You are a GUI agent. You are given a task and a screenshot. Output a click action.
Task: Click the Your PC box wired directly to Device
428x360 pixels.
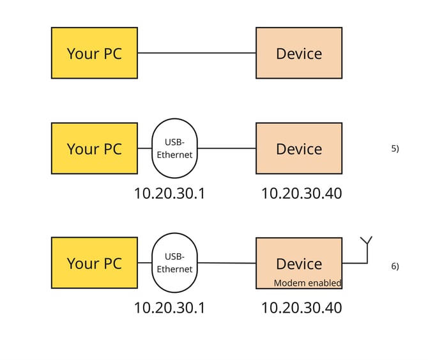[94, 53]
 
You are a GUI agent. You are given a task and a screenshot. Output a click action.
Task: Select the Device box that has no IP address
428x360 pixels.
[298, 53]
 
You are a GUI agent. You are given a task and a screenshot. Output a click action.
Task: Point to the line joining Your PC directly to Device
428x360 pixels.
[196, 53]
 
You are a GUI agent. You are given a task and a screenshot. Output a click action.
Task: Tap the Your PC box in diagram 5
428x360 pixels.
[94, 148]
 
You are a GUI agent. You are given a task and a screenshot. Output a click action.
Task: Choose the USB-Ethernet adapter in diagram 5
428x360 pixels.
[174, 148]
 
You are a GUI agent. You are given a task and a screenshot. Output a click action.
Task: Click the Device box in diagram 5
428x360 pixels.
[298, 148]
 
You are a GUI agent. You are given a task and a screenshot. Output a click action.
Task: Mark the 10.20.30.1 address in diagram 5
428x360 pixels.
[169, 193]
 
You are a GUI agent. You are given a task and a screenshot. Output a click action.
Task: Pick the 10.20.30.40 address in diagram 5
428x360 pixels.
[301, 193]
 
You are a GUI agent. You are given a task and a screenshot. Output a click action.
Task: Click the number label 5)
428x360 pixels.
[395, 148]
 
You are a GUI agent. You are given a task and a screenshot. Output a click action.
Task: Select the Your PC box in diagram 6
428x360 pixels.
[94, 263]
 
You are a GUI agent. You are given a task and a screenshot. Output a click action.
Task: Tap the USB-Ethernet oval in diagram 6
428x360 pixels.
[174, 263]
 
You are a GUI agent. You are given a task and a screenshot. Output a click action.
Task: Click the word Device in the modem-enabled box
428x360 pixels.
[298, 263]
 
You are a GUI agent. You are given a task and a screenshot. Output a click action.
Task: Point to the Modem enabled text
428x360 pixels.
[307, 283]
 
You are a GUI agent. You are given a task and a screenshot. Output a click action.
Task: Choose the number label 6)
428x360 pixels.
[395, 266]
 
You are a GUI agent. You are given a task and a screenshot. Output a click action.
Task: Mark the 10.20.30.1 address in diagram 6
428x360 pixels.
[169, 308]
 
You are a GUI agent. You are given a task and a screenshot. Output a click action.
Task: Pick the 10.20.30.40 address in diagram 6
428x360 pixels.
[301, 308]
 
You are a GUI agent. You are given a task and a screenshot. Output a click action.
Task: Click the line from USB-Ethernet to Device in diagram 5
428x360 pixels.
[227, 148]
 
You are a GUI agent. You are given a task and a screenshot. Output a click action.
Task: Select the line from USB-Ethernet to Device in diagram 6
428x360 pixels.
[227, 263]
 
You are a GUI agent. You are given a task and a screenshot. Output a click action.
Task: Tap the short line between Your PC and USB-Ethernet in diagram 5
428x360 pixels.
[144, 148]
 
